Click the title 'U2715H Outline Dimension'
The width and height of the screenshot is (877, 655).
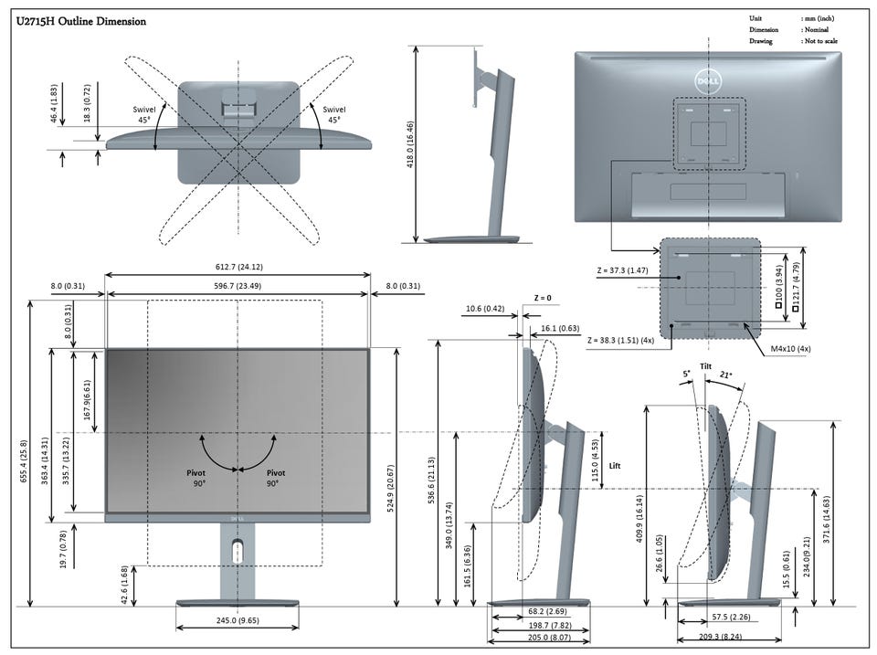pyautogui.click(x=81, y=21)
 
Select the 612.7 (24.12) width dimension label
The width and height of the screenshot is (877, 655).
pyautogui.click(x=238, y=267)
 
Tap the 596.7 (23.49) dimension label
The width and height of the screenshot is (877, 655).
pyautogui.click(x=238, y=286)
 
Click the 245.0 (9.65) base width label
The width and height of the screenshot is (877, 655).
pyautogui.click(x=238, y=620)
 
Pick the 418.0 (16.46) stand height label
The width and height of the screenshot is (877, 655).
pyautogui.click(x=410, y=144)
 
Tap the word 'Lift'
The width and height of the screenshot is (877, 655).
pyautogui.click(x=615, y=465)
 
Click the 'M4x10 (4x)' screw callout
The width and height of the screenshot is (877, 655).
pyautogui.click(x=791, y=348)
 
